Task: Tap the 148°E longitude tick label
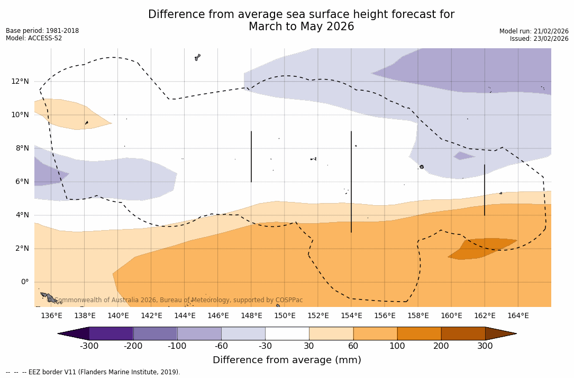(251, 316)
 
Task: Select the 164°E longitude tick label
(518, 316)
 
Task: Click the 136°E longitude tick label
(51, 316)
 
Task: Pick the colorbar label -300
(89, 346)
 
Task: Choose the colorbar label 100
(397, 346)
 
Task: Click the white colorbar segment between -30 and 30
(287, 333)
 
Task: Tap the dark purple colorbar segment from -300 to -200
(111, 333)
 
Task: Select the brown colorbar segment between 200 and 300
(463, 333)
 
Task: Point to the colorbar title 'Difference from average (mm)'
(287, 361)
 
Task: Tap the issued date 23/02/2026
(554, 39)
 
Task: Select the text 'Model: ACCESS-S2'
(34, 38)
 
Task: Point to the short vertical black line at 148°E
(251, 156)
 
